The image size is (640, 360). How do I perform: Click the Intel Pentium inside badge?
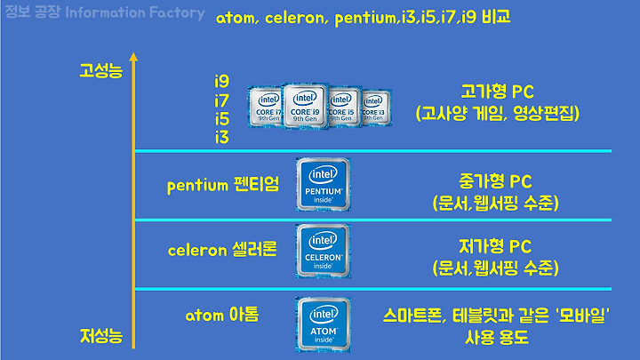(x=323, y=185)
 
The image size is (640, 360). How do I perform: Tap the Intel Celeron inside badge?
(x=323, y=251)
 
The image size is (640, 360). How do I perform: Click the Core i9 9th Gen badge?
(x=304, y=109)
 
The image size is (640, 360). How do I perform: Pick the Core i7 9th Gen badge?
(x=266, y=110)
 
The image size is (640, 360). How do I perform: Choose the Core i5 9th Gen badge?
(x=343, y=111)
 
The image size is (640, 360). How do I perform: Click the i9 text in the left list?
(x=221, y=81)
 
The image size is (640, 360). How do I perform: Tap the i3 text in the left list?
(x=221, y=137)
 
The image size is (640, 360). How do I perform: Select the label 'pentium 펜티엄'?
(x=223, y=186)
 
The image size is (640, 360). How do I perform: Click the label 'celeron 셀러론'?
(x=222, y=250)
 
